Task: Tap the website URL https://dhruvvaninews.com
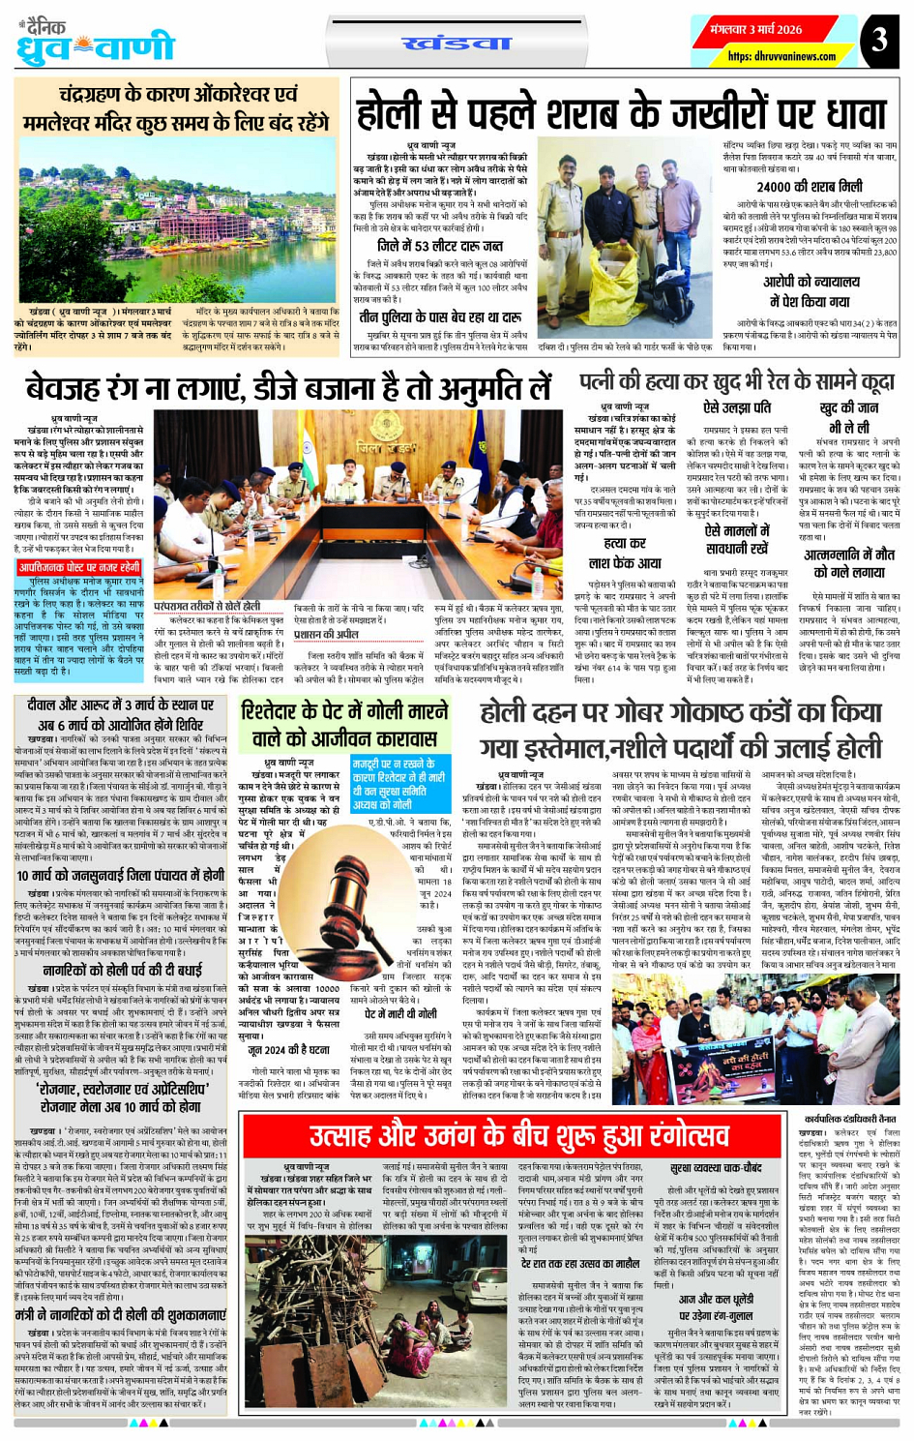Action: point(767,57)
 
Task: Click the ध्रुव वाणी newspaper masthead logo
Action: point(97,44)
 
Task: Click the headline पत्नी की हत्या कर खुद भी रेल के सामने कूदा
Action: point(736,383)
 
